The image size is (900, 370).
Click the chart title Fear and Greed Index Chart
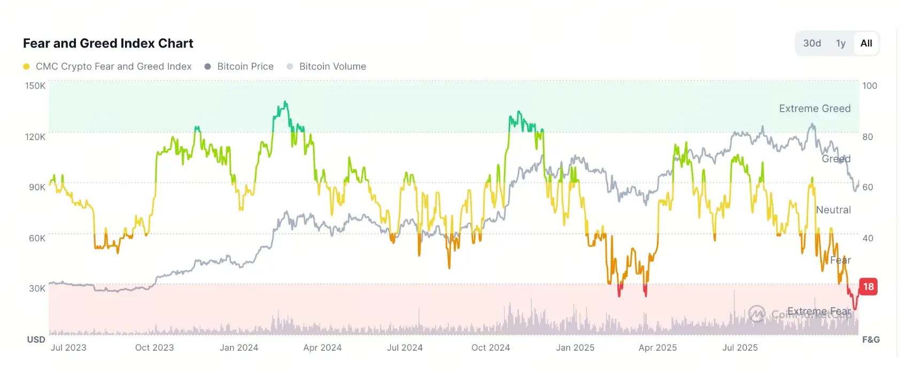[108, 43]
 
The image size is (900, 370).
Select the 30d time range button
[812, 43]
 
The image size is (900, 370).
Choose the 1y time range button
[841, 43]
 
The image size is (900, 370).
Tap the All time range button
[866, 43]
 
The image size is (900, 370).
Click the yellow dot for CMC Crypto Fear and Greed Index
[26, 67]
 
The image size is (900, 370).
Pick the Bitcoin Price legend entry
[245, 67]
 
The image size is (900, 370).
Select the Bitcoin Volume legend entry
[332, 67]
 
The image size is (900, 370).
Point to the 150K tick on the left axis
[35, 86]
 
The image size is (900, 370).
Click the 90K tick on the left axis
[37, 187]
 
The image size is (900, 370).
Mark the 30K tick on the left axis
[37, 289]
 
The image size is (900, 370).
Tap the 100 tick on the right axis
[870, 86]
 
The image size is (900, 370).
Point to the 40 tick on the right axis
[868, 238]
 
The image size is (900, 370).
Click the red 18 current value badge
[868, 287]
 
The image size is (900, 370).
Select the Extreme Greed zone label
[814, 109]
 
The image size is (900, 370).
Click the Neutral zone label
[833, 210]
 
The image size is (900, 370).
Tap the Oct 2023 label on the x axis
[154, 348]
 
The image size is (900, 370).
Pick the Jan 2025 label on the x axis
[575, 348]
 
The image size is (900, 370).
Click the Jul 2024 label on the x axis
[405, 348]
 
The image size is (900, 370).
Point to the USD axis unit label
[36, 340]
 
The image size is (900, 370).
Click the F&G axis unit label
[871, 340]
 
